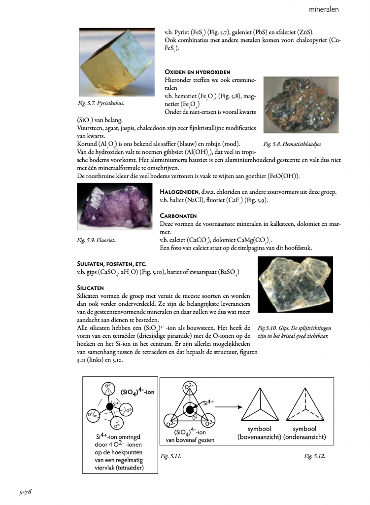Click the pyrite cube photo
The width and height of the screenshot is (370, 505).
pyautogui.click(x=117, y=61)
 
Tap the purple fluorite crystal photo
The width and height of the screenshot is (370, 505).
pyautogui.click(x=114, y=208)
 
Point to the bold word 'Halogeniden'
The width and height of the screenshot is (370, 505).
pyautogui.click(x=179, y=191)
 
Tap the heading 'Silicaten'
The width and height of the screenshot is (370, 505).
pyautogui.click(x=90, y=287)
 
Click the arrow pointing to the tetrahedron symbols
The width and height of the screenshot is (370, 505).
pyautogui.click(x=231, y=407)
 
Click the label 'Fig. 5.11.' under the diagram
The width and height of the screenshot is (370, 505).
pyautogui.click(x=171, y=456)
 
